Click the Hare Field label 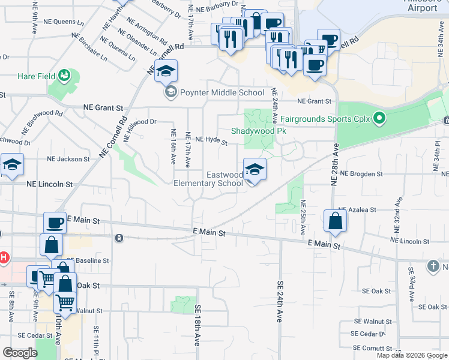point(35,76)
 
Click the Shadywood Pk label point(254,131)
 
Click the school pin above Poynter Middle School point(166,72)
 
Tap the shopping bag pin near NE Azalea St point(335,221)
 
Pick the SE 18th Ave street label point(197,324)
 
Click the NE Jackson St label point(68,160)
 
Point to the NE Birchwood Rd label point(43,122)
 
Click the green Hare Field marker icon point(64,76)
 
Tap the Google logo point(20,353)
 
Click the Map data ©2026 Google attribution point(412,355)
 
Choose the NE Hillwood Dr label point(139,122)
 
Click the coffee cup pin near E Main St point(55,223)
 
